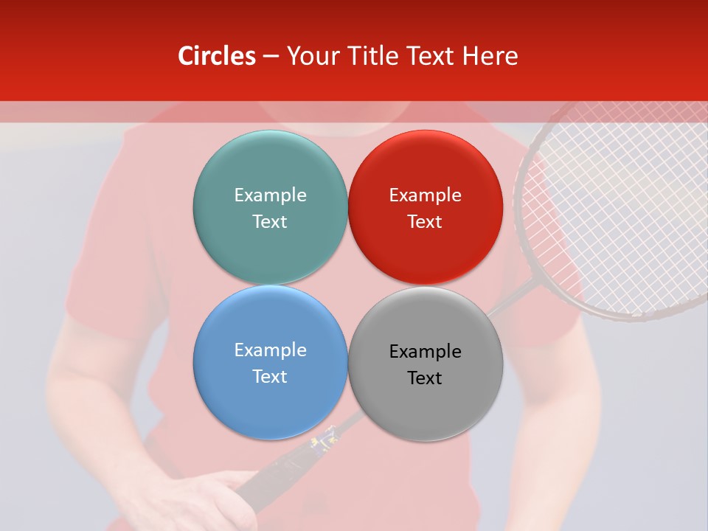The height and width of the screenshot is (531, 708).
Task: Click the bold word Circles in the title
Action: pos(217,56)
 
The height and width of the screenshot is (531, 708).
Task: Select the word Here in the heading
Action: pos(490,56)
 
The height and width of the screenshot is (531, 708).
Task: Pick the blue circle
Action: pos(270,402)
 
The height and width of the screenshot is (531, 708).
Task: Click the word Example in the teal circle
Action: pos(270,195)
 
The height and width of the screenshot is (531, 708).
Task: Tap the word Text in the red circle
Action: pos(425,221)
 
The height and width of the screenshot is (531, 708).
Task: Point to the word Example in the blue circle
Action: pos(270,350)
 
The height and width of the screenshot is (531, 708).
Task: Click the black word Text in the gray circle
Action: pos(425,378)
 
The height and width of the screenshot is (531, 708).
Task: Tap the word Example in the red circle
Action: pos(425,195)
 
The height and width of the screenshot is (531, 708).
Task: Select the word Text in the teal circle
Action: pos(270,221)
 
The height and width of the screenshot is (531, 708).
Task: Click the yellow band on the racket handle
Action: pos(324,442)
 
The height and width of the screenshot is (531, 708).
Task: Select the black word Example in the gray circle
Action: pos(425,351)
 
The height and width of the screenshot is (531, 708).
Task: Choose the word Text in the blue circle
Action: pos(270,376)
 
